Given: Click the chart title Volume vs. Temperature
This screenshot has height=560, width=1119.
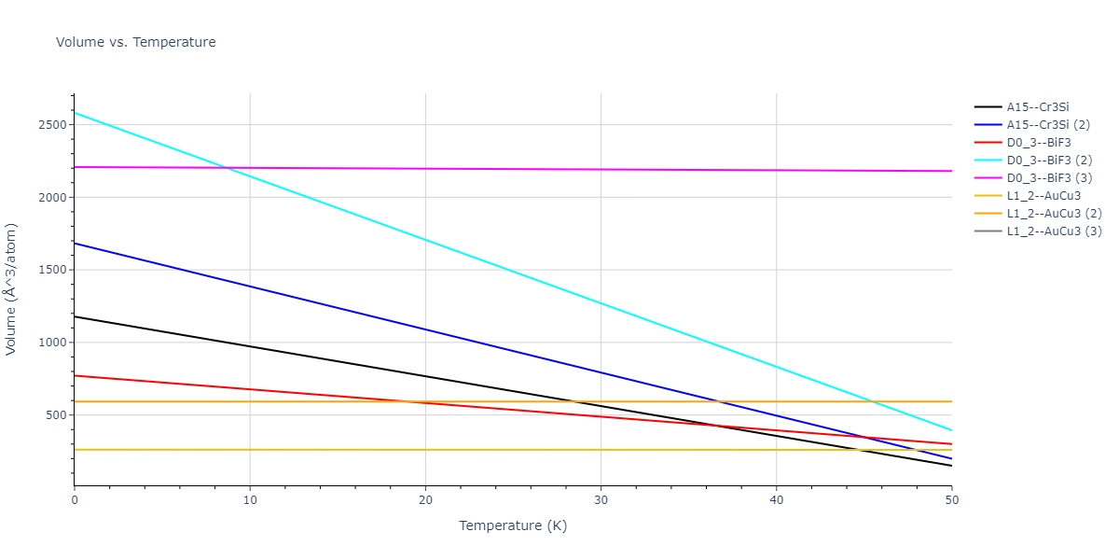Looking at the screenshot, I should click(136, 42).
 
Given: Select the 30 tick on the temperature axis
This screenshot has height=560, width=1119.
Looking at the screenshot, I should click(601, 501).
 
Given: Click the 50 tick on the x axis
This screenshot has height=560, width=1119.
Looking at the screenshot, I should click(951, 501).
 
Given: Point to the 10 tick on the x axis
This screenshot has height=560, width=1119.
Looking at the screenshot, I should click(250, 501).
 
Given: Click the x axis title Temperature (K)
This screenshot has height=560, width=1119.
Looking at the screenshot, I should click(512, 525).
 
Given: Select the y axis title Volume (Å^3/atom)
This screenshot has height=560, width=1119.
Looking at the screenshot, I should click(12, 288).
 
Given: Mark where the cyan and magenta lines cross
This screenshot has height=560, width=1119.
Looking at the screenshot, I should click(227, 168).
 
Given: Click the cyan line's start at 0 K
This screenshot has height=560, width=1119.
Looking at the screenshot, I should click(75, 113).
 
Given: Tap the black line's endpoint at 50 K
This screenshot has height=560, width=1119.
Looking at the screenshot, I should click(951, 466).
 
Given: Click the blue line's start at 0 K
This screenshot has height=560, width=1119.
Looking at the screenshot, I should click(75, 244).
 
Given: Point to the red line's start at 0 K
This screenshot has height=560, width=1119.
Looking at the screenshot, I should click(75, 375).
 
